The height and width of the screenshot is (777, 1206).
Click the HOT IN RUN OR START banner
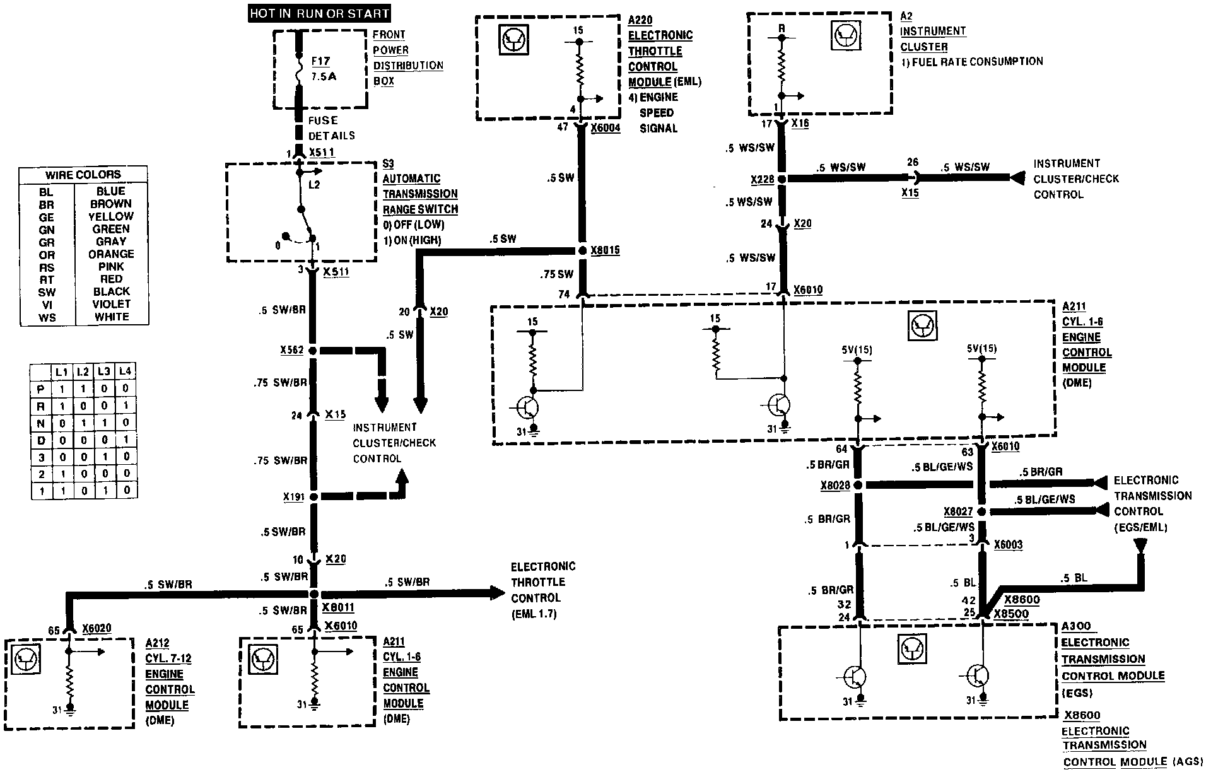click(x=319, y=13)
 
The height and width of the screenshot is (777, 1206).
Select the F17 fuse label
click(x=320, y=61)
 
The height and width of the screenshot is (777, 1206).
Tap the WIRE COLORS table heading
click(x=83, y=175)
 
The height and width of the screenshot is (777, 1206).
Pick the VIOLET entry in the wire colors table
click(x=111, y=304)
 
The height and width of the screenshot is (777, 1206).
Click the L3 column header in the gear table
click(x=104, y=371)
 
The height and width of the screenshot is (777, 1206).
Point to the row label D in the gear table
click(x=41, y=440)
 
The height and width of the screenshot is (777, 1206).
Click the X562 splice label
click(x=292, y=350)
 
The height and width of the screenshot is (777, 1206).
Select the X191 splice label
click(x=293, y=497)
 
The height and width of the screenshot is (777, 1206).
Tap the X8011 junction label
click(x=338, y=607)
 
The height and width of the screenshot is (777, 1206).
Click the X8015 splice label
click(x=605, y=250)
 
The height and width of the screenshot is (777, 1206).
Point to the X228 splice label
click(x=763, y=180)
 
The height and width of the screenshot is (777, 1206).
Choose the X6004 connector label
click(x=606, y=128)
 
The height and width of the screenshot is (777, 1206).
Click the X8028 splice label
click(x=835, y=486)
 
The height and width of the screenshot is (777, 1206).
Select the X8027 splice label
click(x=958, y=511)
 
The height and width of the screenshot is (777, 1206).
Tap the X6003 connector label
click(x=1008, y=545)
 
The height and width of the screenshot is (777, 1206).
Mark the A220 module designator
click(x=640, y=21)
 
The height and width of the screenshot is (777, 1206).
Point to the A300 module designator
click(x=1076, y=626)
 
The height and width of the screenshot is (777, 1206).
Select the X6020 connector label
click(x=97, y=629)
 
